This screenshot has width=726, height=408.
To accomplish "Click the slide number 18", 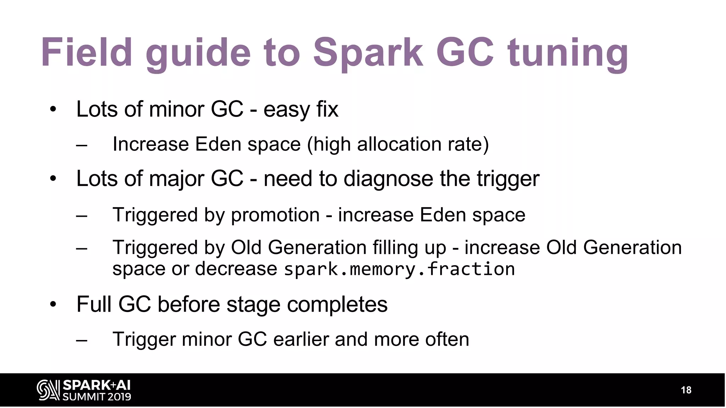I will pyautogui.click(x=686, y=390).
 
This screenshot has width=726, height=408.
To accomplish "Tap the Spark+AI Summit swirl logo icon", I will pyautogui.click(x=48, y=390).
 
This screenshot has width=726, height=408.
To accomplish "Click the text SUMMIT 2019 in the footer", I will pyautogui.click(x=97, y=397).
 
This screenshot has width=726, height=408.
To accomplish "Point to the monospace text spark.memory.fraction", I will pyautogui.click(x=400, y=269).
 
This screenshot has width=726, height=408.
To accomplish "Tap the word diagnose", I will pyautogui.click(x=388, y=178).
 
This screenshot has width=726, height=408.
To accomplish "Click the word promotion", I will pyautogui.click(x=275, y=215).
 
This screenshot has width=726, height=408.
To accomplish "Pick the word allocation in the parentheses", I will pyautogui.click(x=399, y=144).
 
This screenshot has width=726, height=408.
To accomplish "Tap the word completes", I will pyautogui.click(x=337, y=304).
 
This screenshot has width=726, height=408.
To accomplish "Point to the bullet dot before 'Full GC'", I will pyautogui.click(x=53, y=304).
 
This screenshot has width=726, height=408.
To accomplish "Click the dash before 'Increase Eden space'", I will pyautogui.click(x=82, y=145).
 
